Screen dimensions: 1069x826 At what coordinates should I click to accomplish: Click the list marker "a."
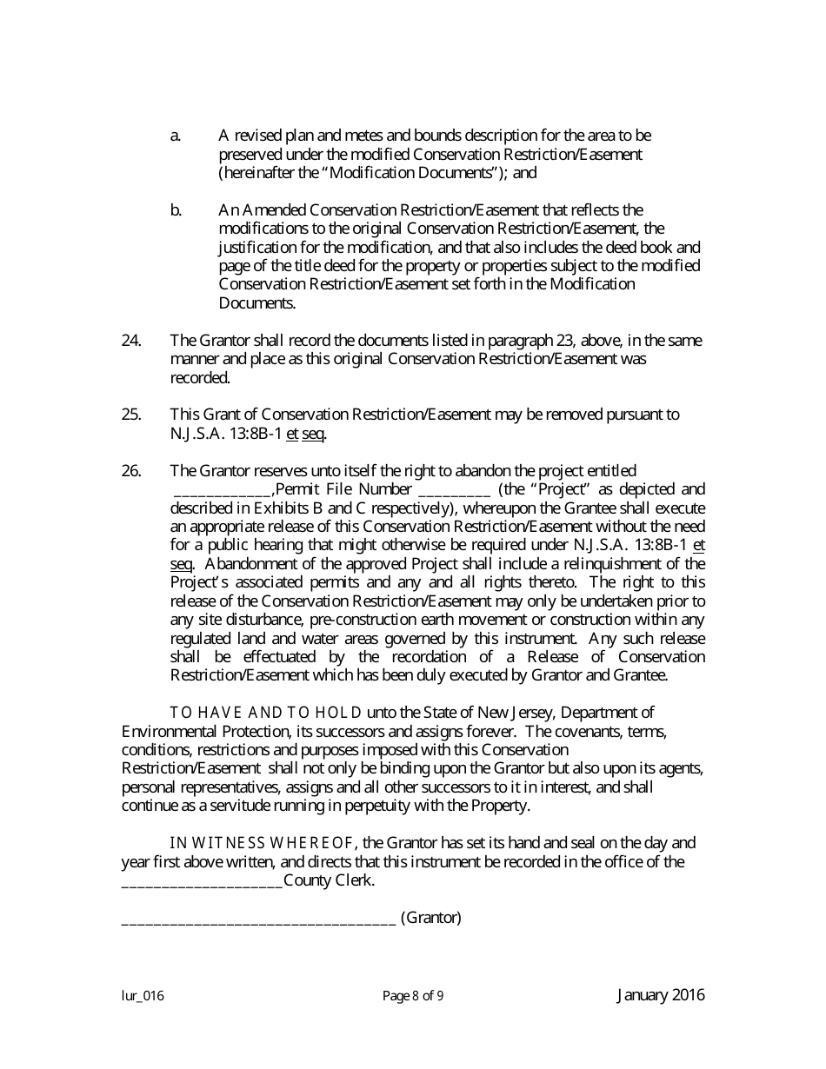click(175, 136)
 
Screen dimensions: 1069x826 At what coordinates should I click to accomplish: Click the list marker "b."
click(176, 209)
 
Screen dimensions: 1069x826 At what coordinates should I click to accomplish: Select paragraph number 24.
click(131, 340)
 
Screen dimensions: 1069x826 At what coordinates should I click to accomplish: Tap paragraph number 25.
click(131, 415)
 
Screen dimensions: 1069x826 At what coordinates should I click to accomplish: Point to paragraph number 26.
click(131, 470)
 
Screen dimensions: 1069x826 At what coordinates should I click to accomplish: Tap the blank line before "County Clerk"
click(202, 881)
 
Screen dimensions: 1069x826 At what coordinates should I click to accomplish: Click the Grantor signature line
click(258, 919)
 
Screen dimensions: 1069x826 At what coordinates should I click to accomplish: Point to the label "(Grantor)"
click(430, 917)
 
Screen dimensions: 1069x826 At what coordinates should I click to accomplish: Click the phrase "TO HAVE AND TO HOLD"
click(266, 713)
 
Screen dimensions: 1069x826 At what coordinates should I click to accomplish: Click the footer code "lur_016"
click(143, 997)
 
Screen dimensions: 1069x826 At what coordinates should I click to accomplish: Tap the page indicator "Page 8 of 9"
click(413, 997)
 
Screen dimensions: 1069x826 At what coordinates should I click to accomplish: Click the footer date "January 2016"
click(661, 995)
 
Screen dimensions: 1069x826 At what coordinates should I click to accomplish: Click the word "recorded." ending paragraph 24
click(200, 377)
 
